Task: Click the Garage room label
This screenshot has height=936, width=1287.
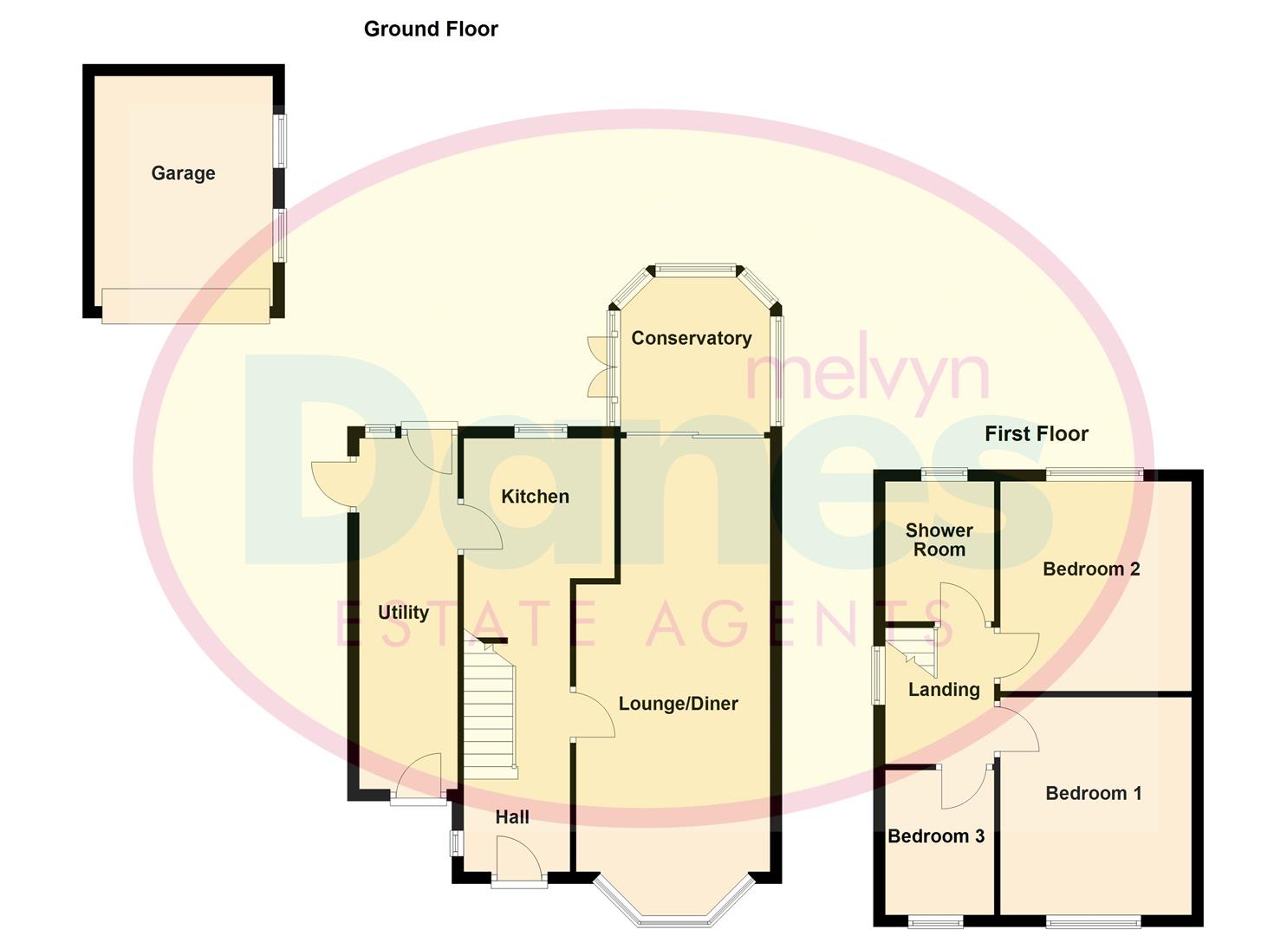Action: (x=183, y=173)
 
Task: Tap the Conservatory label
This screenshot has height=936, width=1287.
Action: (x=691, y=338)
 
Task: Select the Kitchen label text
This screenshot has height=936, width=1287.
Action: (x=535, y=497)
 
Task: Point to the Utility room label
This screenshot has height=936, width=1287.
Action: (x=403, y=613)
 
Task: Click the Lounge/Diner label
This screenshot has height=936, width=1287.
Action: (x=678, y=704)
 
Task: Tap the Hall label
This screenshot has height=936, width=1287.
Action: (x=511, y=817)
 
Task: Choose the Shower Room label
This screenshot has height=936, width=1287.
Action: (x=939, y=540)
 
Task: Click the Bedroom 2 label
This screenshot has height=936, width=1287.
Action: (x=1090, y=569)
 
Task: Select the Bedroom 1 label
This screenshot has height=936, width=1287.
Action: (x=1093, y=793)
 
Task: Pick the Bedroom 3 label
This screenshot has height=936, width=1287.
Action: (x=936, y=836)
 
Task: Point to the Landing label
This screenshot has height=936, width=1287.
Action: (x=944, y=690)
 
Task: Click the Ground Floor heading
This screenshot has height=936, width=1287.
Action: (x=431, y=29)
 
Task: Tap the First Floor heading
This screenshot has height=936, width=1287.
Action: (x=1036, y=434)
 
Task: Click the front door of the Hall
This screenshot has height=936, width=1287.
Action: (x=519, y=862)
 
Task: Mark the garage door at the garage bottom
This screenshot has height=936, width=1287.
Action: (x=185, y=306)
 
